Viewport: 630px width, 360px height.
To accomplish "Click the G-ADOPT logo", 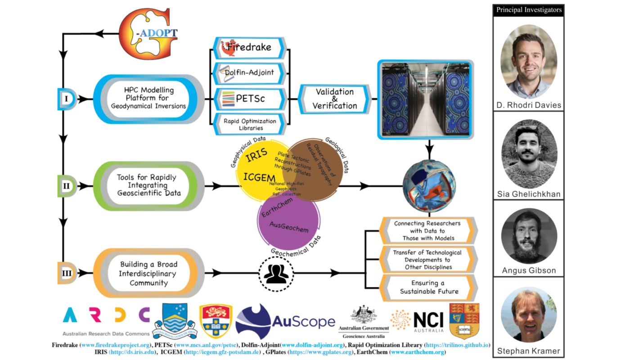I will tap(149, 34).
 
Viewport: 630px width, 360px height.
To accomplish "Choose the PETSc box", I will tap(249, 98).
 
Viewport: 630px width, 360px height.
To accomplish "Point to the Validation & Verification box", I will tap(334, 99).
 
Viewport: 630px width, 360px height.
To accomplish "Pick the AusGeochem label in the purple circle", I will tap(289, 226).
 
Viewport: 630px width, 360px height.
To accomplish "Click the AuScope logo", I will tap(285, 321).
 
